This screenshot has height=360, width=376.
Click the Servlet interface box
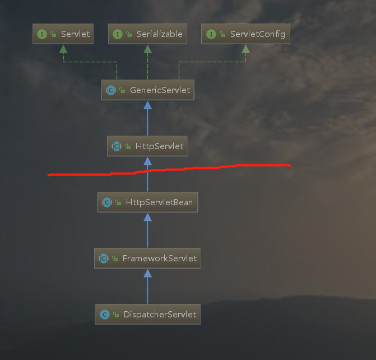pyautogui.click(x=63, y=34)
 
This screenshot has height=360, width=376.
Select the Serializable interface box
pyautogui.click(x=147, y=34)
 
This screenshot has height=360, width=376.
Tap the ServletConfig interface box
pyautogui.click(x=245, y=34)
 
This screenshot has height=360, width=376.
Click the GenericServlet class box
pyautogui.click(x=147, y=90)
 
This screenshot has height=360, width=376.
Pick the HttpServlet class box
pyautogui.click(x=147, y=146)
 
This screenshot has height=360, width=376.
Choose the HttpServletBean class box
pyautogui.click(x=147, y=202)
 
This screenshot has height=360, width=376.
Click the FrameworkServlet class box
pyautogui.click(x=147, y=259)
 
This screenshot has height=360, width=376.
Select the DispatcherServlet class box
pyautogui.click(x=147, y=315)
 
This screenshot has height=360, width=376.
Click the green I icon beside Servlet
pyautogui.click(x=42, y=34)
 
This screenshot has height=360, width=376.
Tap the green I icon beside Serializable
pyautogui.click(x=118, y=34)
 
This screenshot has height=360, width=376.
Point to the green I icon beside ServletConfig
pyautogui.click(x=211, y=34)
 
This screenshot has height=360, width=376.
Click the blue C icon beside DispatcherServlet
pyautogui.click(x=105, y=315)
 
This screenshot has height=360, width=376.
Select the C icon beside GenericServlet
pyautogui.click(x=111, y=90)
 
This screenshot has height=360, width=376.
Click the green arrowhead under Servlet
pyautogui.click(x=63, y=49)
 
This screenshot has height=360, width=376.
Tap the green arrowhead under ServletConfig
pyautogui.click(x=245, y=49)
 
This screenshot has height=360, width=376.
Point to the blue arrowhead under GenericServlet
pyautogui.click(x=147, y=105)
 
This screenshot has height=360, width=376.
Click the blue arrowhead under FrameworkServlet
pyautogui.click(x=147, y=273)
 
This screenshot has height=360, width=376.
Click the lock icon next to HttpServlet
pyautogui.click(x=128, y=146)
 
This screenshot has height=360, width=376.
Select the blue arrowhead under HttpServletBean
pyautogui.click(x=147, y=218)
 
